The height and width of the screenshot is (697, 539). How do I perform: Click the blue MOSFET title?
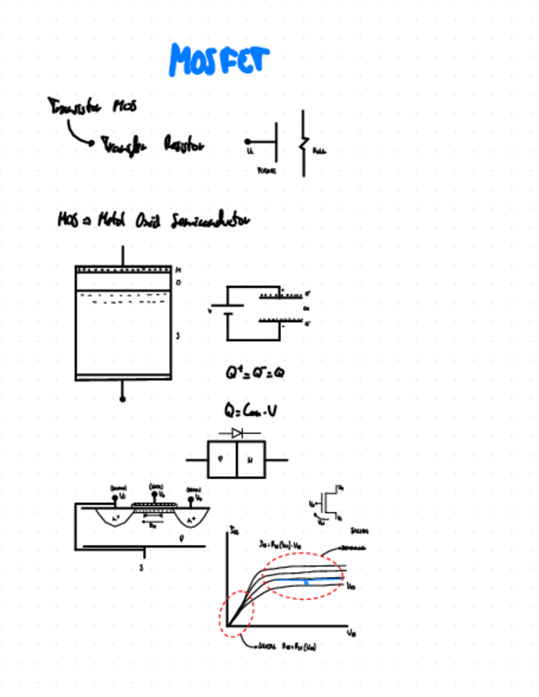(219, 60)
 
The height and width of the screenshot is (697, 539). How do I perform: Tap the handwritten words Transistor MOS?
(92, 107)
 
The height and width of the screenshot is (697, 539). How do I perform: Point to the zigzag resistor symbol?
(303, 145)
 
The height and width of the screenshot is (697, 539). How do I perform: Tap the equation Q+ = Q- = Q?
(256, 372)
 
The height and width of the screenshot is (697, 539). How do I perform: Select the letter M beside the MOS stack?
(177, 270)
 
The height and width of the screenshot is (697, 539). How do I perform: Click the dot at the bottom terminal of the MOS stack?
(122, 399)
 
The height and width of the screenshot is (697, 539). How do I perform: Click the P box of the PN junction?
(219, 460)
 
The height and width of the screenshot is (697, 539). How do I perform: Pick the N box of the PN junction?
(250, 460)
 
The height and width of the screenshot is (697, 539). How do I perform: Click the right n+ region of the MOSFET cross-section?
(192, 519)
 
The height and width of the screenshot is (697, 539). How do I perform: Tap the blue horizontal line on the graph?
(307, 581)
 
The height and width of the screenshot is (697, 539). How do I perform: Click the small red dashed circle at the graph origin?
(237, 614)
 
